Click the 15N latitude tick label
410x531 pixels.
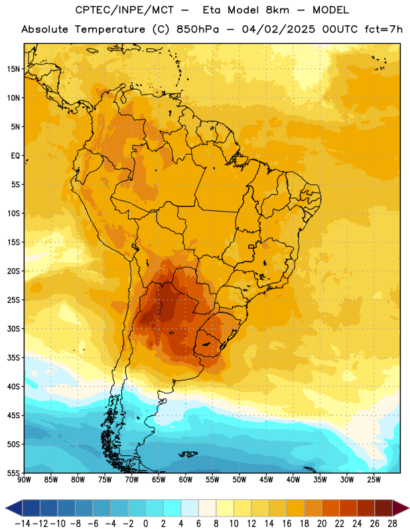click(13, 69)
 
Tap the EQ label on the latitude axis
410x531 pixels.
click(15, 156)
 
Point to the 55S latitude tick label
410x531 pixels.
click(13, 473)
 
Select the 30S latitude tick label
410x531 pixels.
click(13, 329)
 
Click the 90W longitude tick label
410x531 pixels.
click(24, 479)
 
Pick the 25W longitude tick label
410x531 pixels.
click(374, 479)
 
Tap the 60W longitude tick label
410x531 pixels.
click(186, 479)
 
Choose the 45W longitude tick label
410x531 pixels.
click(266, 479)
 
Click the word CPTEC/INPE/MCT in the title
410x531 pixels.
click(125, 10)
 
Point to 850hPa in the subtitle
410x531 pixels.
click(198, 29)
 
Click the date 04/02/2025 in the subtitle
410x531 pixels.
click(278, 29)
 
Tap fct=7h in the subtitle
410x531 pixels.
click(383, 29)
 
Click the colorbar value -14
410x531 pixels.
click(23, 524)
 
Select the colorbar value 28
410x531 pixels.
click(392, 524)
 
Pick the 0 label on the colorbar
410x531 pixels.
click(145, 524)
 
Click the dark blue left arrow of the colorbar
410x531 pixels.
click(14, 508)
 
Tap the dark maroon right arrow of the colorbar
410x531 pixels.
click(401, 508)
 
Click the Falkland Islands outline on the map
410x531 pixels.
click(188, 454)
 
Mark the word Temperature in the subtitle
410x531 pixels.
click(110, 29)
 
